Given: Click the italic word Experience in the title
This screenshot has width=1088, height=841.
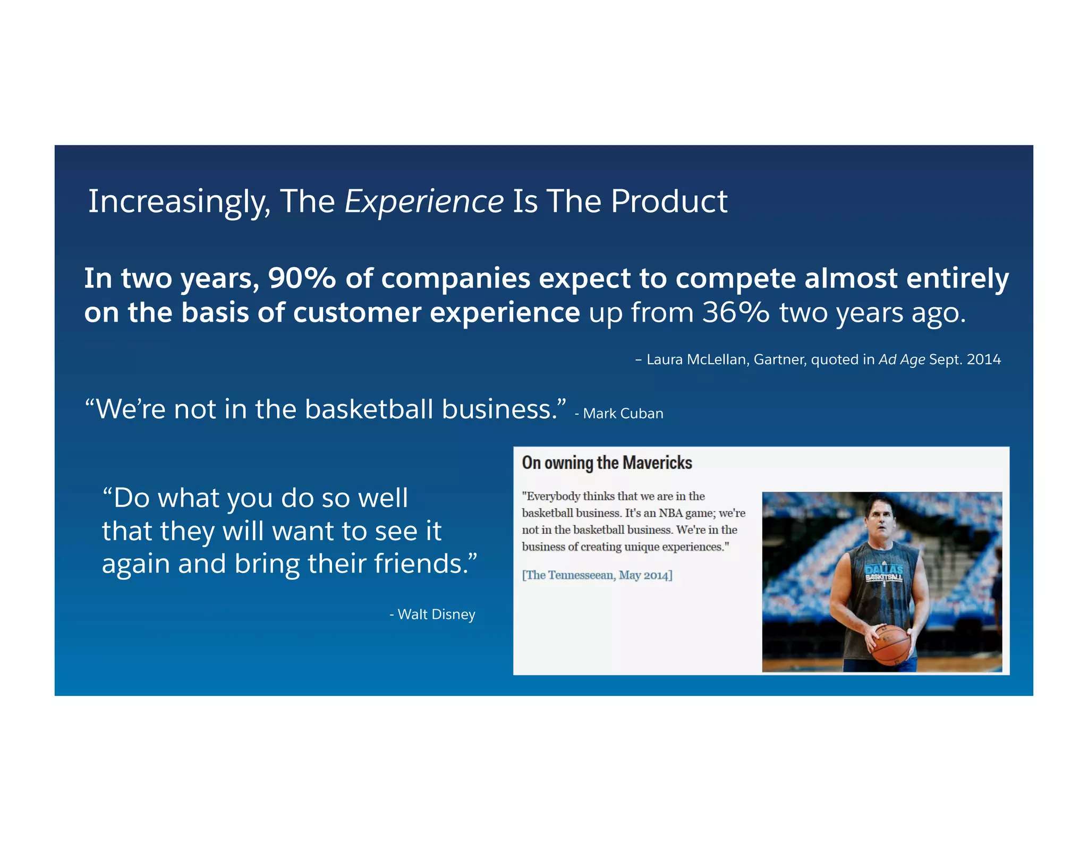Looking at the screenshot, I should click(x=423, y=201).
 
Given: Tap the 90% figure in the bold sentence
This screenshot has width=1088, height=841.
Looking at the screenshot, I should click(x=302, y=278).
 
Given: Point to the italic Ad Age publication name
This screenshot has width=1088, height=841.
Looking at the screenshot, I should click(x=902, y=359).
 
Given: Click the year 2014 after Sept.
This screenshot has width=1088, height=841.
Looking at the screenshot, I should click(x=983, y=359).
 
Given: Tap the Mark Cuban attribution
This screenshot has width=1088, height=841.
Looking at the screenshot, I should click(x=623, y=413).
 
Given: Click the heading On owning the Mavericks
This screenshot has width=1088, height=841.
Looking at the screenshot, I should click(x=607, y=462).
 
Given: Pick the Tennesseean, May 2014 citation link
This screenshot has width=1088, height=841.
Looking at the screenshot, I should click(x=597, y=575).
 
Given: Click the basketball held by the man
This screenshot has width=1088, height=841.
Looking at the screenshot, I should click(x=891, y=644).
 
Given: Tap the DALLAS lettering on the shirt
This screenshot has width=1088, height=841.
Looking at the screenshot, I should click(x=884, y=570).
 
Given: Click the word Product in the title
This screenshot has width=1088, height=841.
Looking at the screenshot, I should click(x=669, y=201).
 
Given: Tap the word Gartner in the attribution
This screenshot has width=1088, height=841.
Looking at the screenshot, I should click(x=779, y=359).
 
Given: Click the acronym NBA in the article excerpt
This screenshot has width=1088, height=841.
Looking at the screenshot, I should click(x=670, y=513).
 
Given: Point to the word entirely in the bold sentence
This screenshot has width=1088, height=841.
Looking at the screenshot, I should click(x=957, y=278).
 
